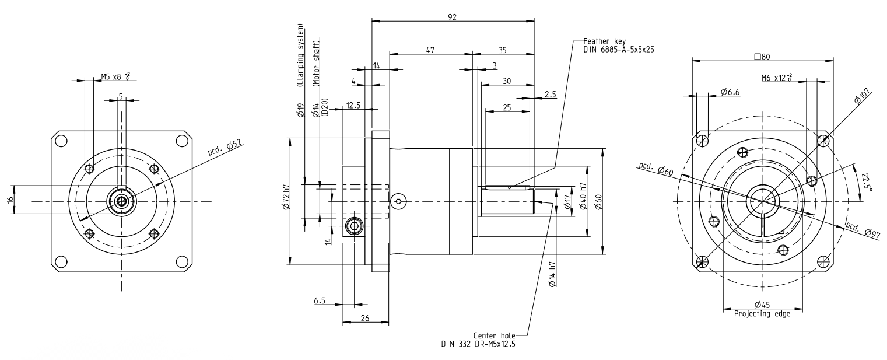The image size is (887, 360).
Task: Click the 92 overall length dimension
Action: pos(453,17)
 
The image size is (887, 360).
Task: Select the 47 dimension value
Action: pos(430,51)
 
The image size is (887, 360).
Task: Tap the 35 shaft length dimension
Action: pos(502,51)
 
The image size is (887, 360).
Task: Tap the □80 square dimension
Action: pos(762,57)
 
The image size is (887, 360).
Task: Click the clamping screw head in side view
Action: pos(353,226)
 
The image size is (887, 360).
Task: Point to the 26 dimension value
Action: pos(365,318)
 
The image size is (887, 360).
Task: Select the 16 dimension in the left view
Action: pos(10,200)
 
